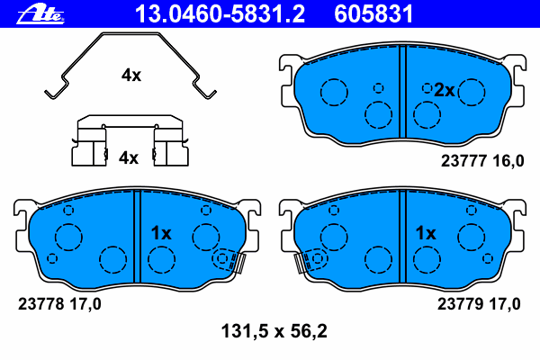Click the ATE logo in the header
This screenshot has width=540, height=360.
coord(40,14)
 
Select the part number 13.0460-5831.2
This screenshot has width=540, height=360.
coord(220,13)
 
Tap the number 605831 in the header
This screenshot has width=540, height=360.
coord(373,13)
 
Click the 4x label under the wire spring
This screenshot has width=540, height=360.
coord(131,75)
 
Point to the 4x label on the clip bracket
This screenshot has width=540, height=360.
coord(129,157)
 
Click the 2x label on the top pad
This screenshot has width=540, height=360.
coord(445,90)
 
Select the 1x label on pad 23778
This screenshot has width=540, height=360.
coord(161,233)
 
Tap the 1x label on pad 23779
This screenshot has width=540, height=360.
coord(426,233)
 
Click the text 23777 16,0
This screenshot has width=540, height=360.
coord(482,161)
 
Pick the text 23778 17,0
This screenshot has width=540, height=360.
coord(59,304)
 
